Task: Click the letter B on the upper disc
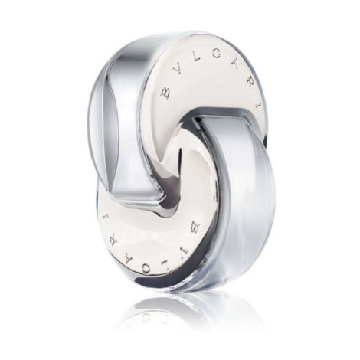pos(165,93)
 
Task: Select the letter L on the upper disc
pos(195,62)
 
